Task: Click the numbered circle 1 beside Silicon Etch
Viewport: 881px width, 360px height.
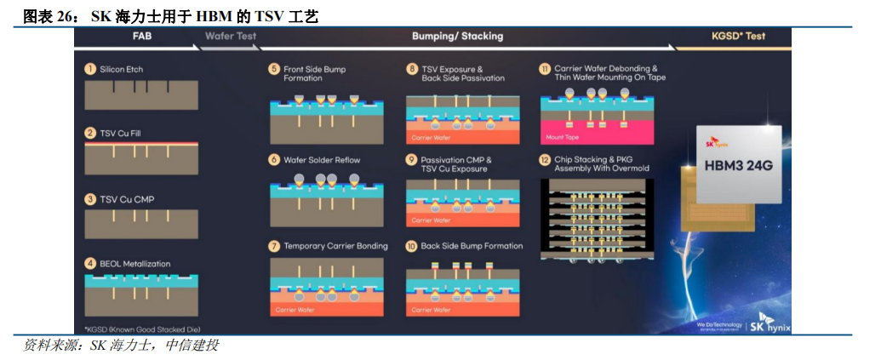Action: click(89, 69)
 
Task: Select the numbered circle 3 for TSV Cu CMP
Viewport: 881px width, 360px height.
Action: click(89, 199)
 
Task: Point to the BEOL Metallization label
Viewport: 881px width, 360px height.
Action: click(135, 264)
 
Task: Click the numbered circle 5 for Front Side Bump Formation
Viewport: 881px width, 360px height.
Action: click(274, 69)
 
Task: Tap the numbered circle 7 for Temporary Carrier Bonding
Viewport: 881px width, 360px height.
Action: click(274, 246)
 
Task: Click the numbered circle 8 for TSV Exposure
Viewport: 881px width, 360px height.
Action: click(412, 69)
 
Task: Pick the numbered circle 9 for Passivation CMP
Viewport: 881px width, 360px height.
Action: click(412, 159)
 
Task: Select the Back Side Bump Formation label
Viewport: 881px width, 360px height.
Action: click(472, 246)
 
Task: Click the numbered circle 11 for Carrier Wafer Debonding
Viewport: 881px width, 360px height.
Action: click(545, 69)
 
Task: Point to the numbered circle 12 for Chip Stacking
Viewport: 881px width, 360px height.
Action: click(545, 159)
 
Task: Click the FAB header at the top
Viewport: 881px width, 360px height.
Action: click(142, 37)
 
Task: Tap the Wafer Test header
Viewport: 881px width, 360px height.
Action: click(231, 37)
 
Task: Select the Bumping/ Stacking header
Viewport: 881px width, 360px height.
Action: click(457, 37)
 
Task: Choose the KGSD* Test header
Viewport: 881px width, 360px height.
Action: click(738, 37)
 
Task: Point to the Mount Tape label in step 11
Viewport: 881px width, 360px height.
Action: click(563, 136)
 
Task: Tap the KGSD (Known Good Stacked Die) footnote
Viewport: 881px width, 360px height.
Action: click(143, 329)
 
